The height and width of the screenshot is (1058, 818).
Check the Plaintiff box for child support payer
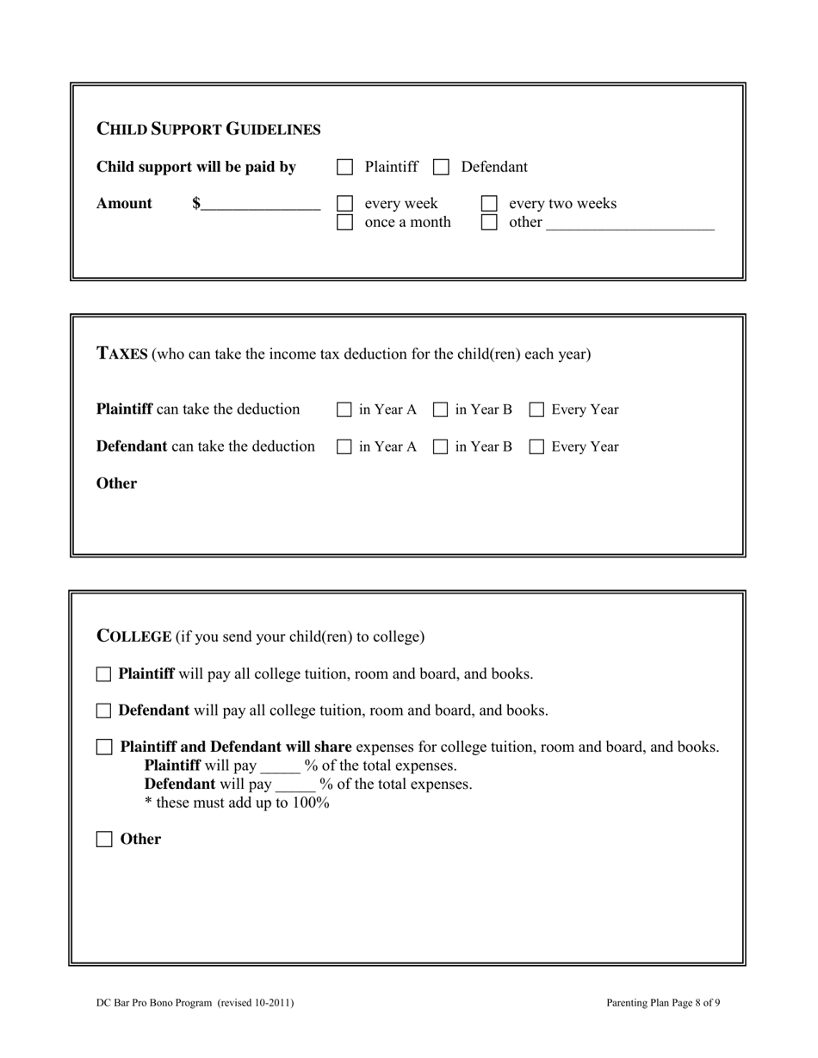tap(345, 167)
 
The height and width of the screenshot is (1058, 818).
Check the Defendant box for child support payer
tap(441, 167)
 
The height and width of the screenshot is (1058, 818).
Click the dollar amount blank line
tap(260, 205)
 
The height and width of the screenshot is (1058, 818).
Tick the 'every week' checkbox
tap(345, 204)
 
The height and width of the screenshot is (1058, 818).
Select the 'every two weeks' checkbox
tap(489, 204)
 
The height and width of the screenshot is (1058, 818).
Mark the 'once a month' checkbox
tap(345, 222)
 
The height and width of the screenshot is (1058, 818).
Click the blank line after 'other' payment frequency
tap(630, 224)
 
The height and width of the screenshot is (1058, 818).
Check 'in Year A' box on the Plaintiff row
tap(344, 409)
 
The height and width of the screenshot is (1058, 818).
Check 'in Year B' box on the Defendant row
tap(440, 446)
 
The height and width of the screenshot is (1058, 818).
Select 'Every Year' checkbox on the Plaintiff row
tap(536, 409)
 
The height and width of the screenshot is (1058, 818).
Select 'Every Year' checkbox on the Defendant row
tap(536, 446)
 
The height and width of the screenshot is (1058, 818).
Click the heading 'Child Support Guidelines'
tap(208, 129)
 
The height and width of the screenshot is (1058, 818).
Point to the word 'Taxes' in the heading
tap(122, 354)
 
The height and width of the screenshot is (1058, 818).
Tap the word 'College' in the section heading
tap(134, 637)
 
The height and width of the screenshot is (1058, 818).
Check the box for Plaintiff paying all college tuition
tap(104, 674)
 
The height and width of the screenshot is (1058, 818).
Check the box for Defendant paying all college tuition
tap(104, 710)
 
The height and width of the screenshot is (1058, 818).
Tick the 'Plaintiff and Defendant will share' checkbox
tap(104, 747)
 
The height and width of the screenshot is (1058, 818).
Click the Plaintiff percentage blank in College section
tap(280, 767)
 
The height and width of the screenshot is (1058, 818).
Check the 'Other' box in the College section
tap(104, 840)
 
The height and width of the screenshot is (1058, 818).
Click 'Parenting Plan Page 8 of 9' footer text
tap(663, 1002)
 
